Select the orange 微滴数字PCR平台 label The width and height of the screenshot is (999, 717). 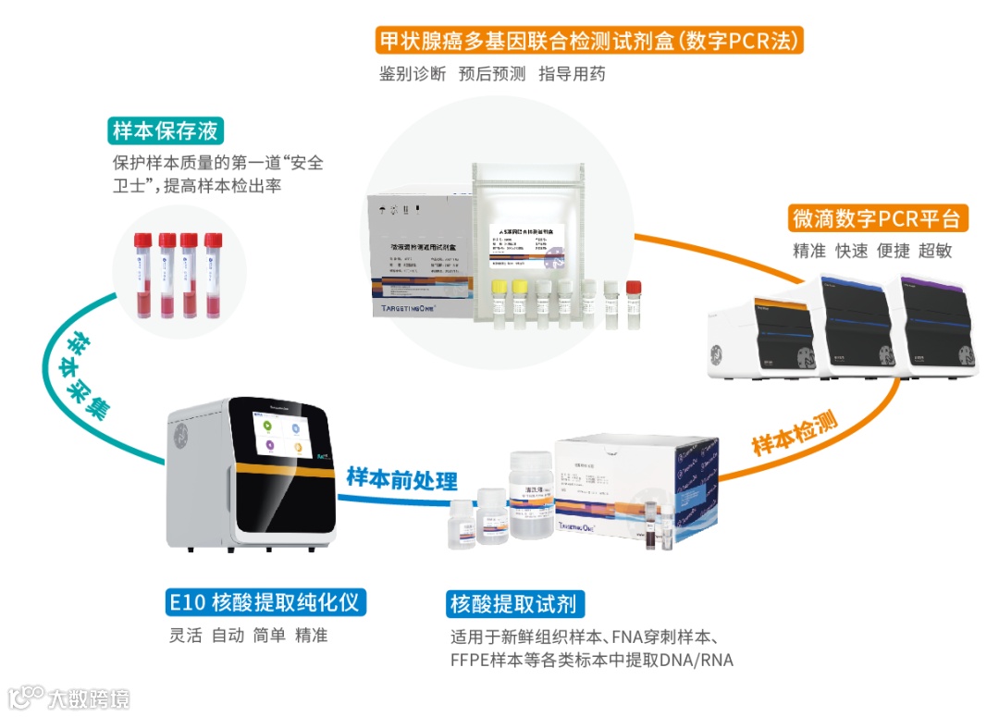[x=879, y=219]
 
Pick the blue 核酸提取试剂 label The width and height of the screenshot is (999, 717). [x=512, y=604]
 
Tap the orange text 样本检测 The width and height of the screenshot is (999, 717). [x=794, y=433]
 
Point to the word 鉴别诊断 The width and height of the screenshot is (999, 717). [x=413, y=74]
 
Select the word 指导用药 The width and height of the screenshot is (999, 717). [x=572, y=74]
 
